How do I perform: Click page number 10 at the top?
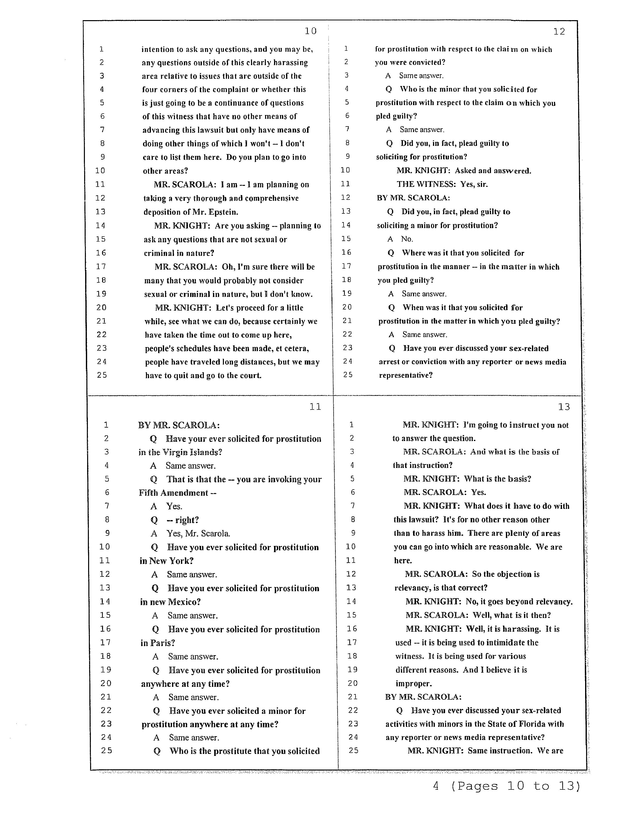pos(311,31)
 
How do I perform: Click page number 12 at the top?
pos(559,32)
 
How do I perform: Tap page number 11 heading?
pos(315,407)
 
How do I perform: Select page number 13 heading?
pos(564,407)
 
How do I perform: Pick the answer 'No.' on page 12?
pos(407,239)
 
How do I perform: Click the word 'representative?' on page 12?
pos(406,375)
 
